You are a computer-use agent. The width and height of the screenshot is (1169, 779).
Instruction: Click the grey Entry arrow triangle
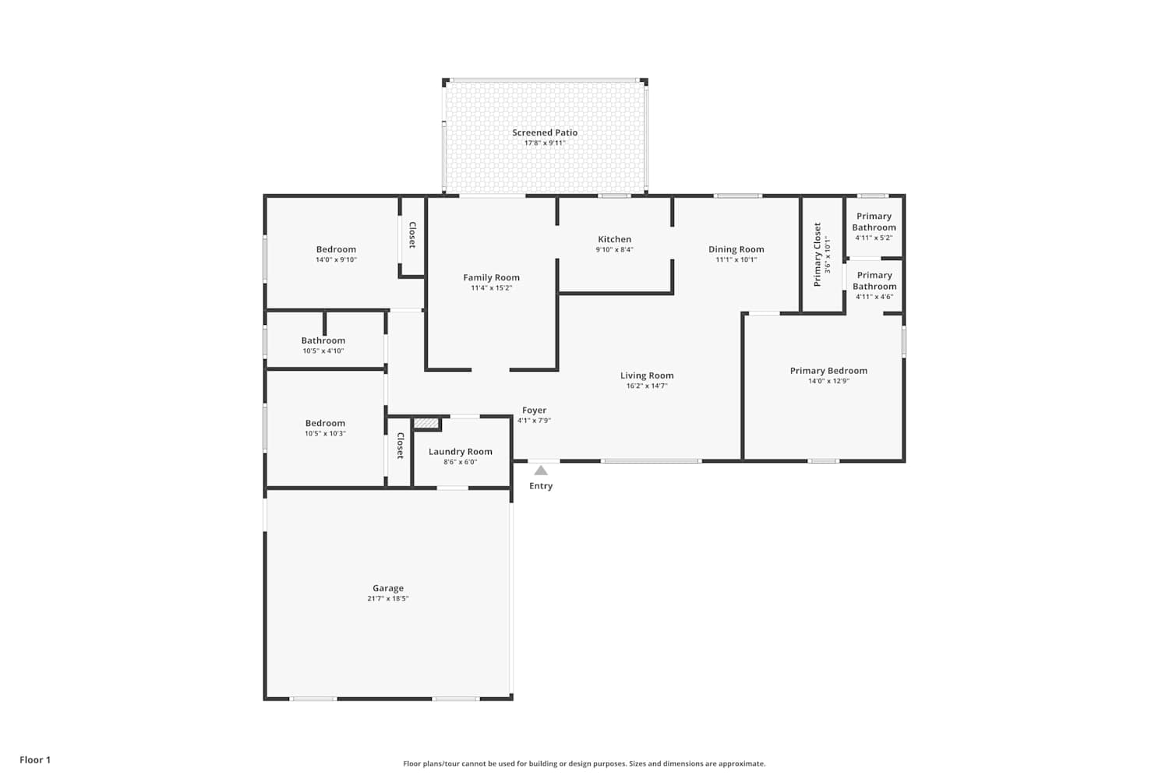point(541,471)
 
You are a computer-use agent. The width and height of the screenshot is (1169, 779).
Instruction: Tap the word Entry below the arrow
point(541,486)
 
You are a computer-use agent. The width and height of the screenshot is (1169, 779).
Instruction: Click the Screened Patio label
point(545,132)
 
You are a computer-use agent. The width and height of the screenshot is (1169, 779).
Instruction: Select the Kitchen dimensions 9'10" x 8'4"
point(615,249)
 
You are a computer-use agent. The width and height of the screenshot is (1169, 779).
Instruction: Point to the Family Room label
point(492,277)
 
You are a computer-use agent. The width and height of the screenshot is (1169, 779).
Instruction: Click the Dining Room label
point(736,249)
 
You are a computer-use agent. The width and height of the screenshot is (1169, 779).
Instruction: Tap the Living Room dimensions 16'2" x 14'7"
point(647,386)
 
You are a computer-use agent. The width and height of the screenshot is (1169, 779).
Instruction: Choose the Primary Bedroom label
point(828,371)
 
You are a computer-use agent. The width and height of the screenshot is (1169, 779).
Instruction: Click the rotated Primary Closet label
point(818,255)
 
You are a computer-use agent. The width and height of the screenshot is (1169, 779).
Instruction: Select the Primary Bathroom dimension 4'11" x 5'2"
point(874,238)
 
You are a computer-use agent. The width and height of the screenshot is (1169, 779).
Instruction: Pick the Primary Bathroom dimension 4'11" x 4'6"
point(874,297)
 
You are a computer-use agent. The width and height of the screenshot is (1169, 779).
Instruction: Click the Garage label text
point(388,588)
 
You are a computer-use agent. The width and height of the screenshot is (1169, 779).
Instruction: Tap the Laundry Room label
point(461,452)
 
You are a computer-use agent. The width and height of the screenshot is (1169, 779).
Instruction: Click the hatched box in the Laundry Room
point(426,423)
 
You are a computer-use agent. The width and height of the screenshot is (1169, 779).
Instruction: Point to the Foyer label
point(535,411)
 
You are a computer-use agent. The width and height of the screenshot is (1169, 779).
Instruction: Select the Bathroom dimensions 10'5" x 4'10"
point(323,351)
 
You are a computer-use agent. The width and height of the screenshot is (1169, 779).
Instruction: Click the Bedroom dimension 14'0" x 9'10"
point(336,260)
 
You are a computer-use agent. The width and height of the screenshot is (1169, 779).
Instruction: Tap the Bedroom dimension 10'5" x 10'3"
point(325,434)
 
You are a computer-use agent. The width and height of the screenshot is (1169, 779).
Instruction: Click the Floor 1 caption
point(36,760)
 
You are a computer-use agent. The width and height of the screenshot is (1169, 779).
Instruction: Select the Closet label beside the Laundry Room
point(401,446)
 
